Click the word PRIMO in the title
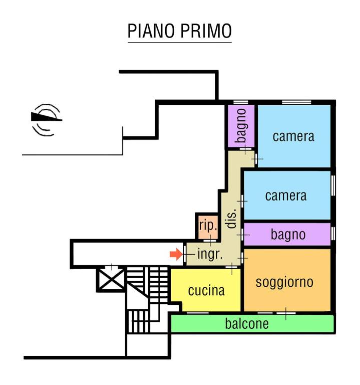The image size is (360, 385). [x=205, y=31]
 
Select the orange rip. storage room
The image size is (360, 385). [x=208, y=226]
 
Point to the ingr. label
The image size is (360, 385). [x=210, y=254]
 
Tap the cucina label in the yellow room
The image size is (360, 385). [x=206, y=290]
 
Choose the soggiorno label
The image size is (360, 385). [x=284, y=282]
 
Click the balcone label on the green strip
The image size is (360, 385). [x=246, y=324]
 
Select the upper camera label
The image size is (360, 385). [x=293, y=136]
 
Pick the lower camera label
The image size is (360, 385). [x=285, y=195]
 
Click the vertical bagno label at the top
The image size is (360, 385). [x=241, y=126]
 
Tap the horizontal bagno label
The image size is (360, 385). [x=288, y=234]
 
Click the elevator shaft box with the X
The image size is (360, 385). [x=111, y=279]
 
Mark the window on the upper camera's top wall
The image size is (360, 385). [x=295, y=102]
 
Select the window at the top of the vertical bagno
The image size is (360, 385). [x=241, y=102]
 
